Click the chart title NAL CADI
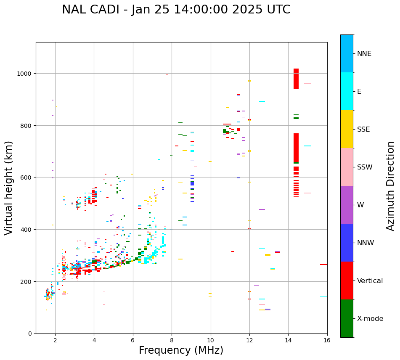click(x=176, y=10)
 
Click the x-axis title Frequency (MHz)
click(x=181, y=350)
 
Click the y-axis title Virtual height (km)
click(x=9, y=188)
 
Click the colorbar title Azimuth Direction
click(x=391, y=186)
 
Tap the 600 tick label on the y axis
click(x=27, y=177)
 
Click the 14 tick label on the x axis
click(x=288, y=341)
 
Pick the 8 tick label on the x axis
click(x=172, y=341)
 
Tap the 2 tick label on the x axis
click(x=55, y=341)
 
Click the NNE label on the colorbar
click(x=364, y=54)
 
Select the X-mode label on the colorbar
click(x=370, y=319)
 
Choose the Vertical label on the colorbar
click(x=370, y=281)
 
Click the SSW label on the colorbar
click(x=365, y=167)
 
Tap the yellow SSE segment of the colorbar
click(x=347, y=129)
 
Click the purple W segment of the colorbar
click(x=347, y=205)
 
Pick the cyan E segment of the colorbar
click(x=347, y=91)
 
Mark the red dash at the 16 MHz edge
click(x=323, y=265)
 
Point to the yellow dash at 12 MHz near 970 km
click(x=249, y=81)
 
